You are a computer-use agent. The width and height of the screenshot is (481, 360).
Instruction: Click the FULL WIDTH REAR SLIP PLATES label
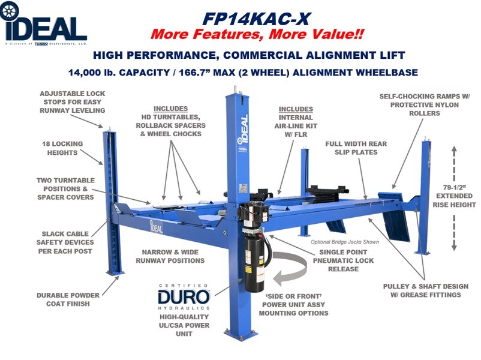pos(356,148)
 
